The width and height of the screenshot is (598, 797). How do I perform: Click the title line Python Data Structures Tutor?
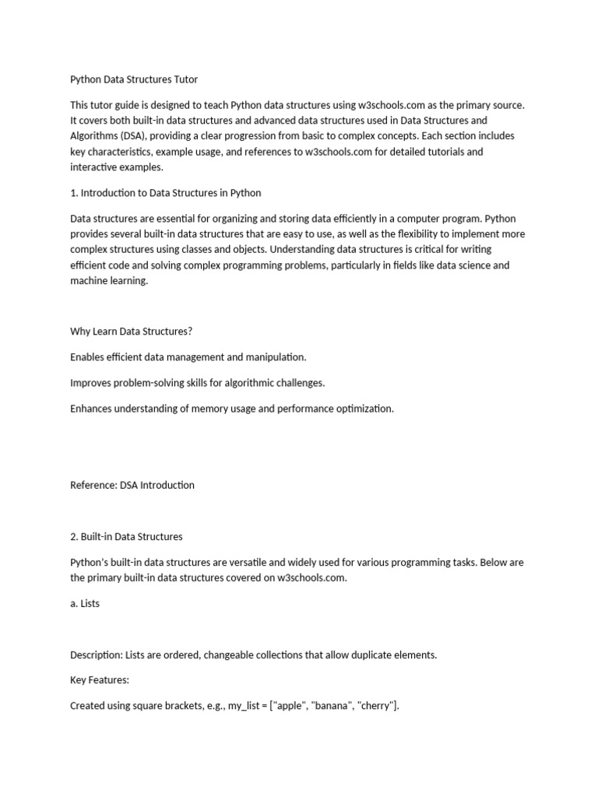coord(134,79)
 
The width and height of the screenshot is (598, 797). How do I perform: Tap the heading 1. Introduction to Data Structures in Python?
coord(165,192)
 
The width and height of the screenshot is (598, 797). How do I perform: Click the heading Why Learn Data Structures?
coord(131,331)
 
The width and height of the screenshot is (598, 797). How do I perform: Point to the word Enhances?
coord(93,408)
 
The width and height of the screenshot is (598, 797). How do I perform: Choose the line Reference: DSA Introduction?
coord(132,485)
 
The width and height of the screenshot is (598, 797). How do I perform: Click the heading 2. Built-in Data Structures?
coord(126,536)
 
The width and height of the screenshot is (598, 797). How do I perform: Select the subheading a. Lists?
coord(85,603)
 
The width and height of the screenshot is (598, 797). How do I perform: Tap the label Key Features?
coord(99,680)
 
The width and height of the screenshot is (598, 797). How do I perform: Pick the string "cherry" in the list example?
coord(375,706)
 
